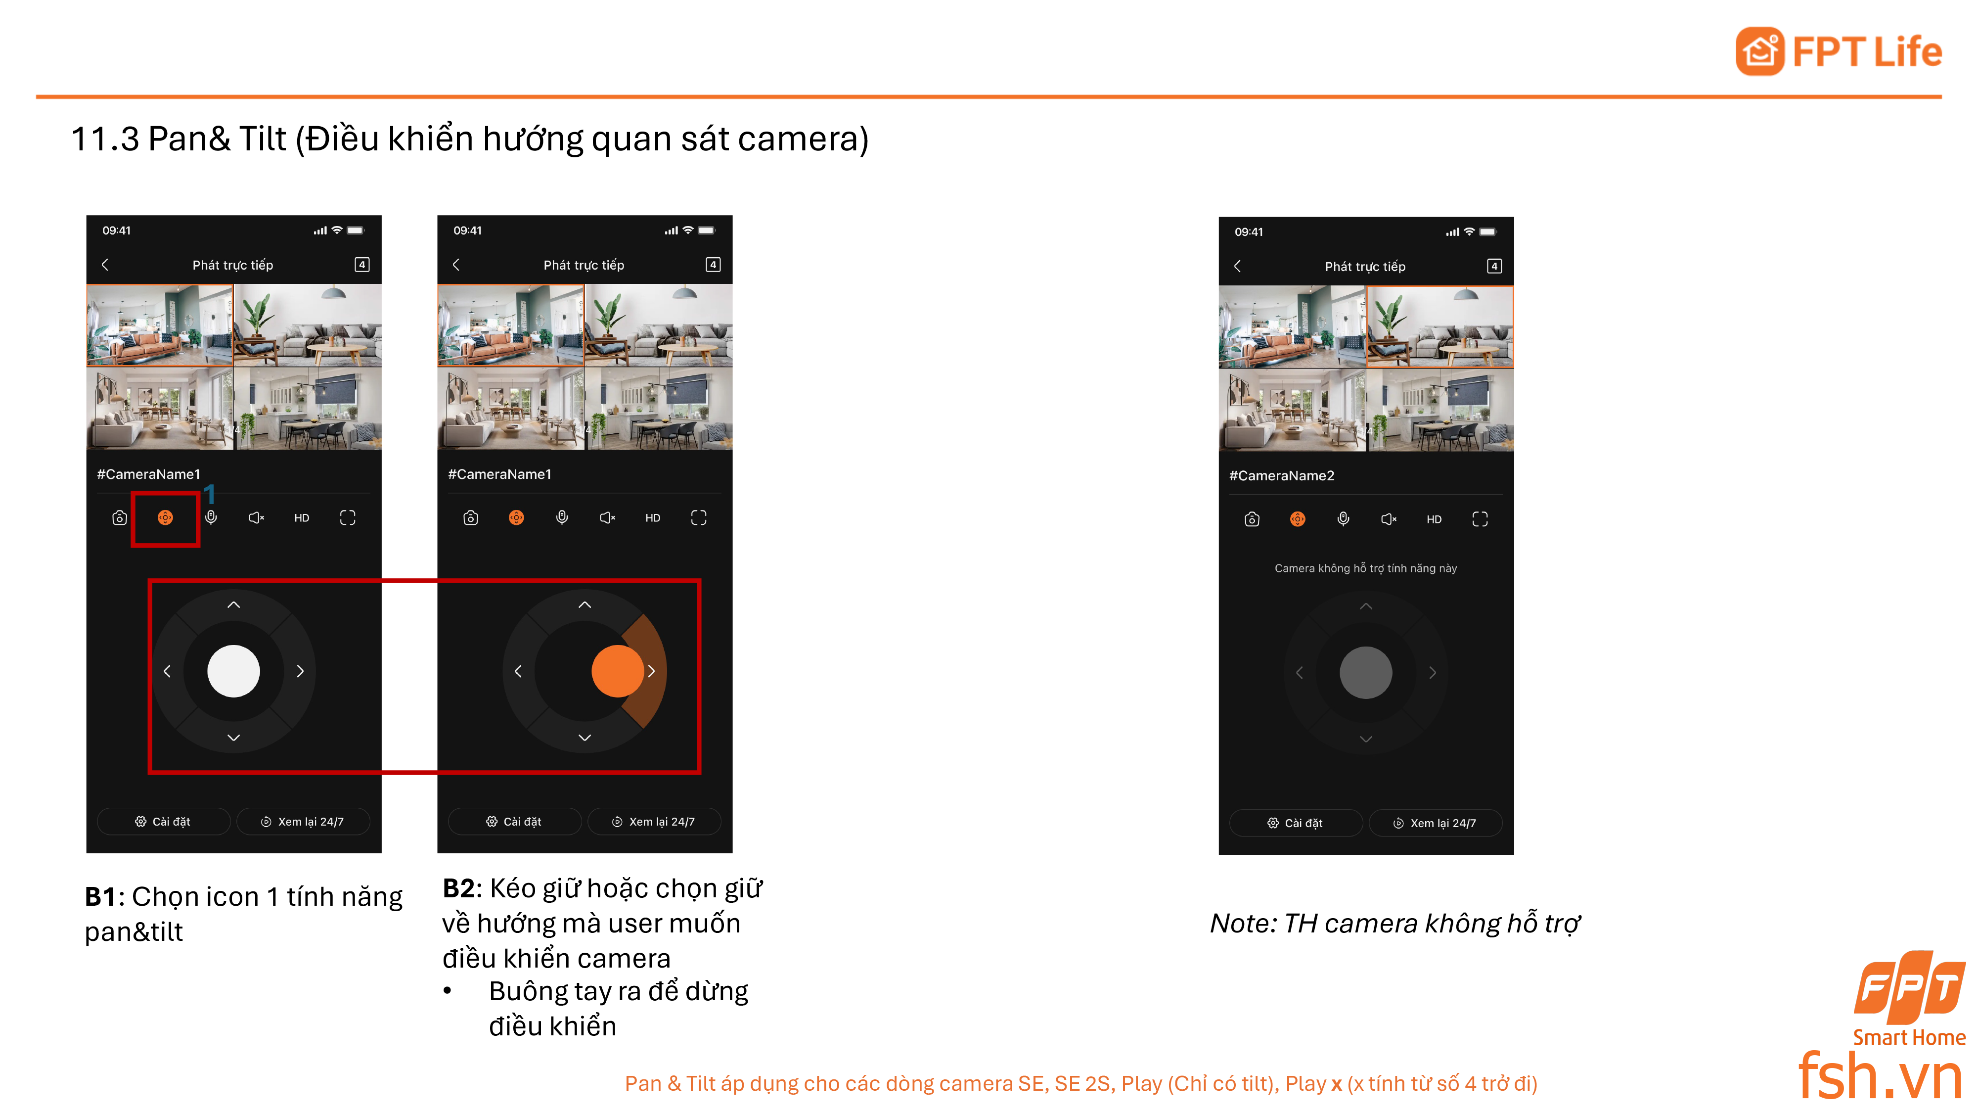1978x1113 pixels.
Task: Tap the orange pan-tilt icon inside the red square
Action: tap(165, 518)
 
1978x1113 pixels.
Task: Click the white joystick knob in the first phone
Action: tap(233, 671)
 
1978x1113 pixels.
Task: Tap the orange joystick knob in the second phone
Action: tap(617, 671)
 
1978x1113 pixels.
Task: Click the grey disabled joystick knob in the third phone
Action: tap(1365, 673)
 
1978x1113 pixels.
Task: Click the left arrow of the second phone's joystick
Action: tap(518, 671)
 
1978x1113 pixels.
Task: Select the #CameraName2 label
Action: tap(1282, 475)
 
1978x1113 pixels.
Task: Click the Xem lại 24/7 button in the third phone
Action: tap(1435, 823)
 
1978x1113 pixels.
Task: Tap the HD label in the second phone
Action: tap(653, 518)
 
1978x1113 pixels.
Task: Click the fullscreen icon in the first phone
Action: tap(348, 518)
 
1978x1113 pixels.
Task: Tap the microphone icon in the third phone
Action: tap(1343, 519)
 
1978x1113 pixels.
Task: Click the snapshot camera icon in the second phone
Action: tap(471, 518)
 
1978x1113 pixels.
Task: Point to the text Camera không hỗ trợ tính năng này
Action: tap(1365, 568)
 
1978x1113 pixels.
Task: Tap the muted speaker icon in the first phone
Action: tap(257, 518)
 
